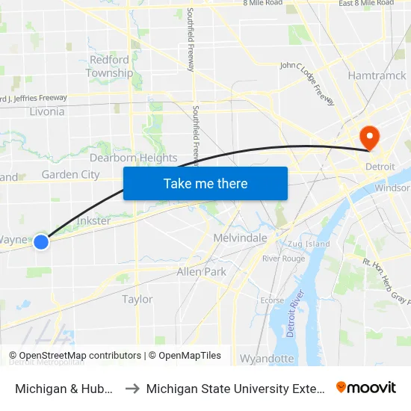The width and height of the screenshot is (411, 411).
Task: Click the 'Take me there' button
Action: coord(205,183)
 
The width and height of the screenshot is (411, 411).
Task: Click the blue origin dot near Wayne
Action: coord(41,241)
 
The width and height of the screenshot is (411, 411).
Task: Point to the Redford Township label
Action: coord(109,67)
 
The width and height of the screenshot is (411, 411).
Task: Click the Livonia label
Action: coord(46,111)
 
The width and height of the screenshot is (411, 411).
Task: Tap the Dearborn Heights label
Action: coord(134,158)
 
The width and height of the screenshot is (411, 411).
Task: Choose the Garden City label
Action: coord(70,175)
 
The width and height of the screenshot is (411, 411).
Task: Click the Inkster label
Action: coord(93,221)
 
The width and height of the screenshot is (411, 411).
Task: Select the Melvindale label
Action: coord(240,238)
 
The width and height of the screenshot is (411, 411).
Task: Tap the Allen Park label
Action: coord(201,272)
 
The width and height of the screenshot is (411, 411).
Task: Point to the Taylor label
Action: coord(137,299)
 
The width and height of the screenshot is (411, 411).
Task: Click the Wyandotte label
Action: coord(267,359)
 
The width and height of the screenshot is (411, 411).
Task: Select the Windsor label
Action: coord(392,188)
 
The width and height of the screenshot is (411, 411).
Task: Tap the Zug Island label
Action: coord(307,244)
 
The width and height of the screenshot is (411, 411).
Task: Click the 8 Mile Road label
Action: coord(262,3)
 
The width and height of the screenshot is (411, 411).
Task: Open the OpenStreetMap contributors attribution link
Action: coord(75,356)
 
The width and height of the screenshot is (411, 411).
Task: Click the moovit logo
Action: coord(366,388)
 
